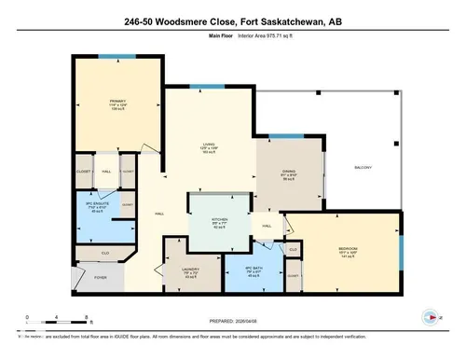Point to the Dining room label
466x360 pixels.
pos(290,173)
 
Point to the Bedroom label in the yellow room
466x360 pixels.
pos(347,249)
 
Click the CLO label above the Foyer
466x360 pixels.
pos(105,253)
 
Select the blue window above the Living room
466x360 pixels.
pos(200,86)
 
